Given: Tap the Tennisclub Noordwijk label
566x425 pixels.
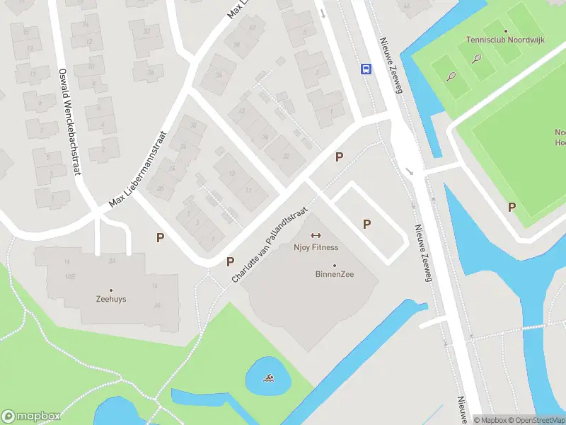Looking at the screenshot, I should (x=505, y=40).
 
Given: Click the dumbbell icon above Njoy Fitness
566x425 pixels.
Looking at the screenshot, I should (x=316, y=236).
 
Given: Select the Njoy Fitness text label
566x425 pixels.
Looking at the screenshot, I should (x=316, y=247).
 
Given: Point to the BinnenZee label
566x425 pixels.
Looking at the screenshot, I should (x=335, y=274).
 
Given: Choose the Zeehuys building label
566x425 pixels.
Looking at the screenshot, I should (x=111, y=299).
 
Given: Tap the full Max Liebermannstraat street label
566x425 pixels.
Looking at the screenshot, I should (x=137, y=169).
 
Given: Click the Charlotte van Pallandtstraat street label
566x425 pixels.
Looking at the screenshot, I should (x=271, y=242).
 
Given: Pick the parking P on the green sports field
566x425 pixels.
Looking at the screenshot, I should (x=512, y=207).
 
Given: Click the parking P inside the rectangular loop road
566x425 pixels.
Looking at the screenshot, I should (x=366, y=224).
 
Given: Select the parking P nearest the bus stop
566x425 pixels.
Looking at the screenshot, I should (x=340, y=157).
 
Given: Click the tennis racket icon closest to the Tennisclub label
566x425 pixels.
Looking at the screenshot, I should (x=477, y=59).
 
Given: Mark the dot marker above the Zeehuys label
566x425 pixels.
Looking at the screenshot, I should (x=111, y=289).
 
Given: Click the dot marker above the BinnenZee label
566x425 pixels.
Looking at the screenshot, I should (x=335, y=266).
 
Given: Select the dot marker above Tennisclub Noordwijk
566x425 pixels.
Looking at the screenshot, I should (x=505, y=31).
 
